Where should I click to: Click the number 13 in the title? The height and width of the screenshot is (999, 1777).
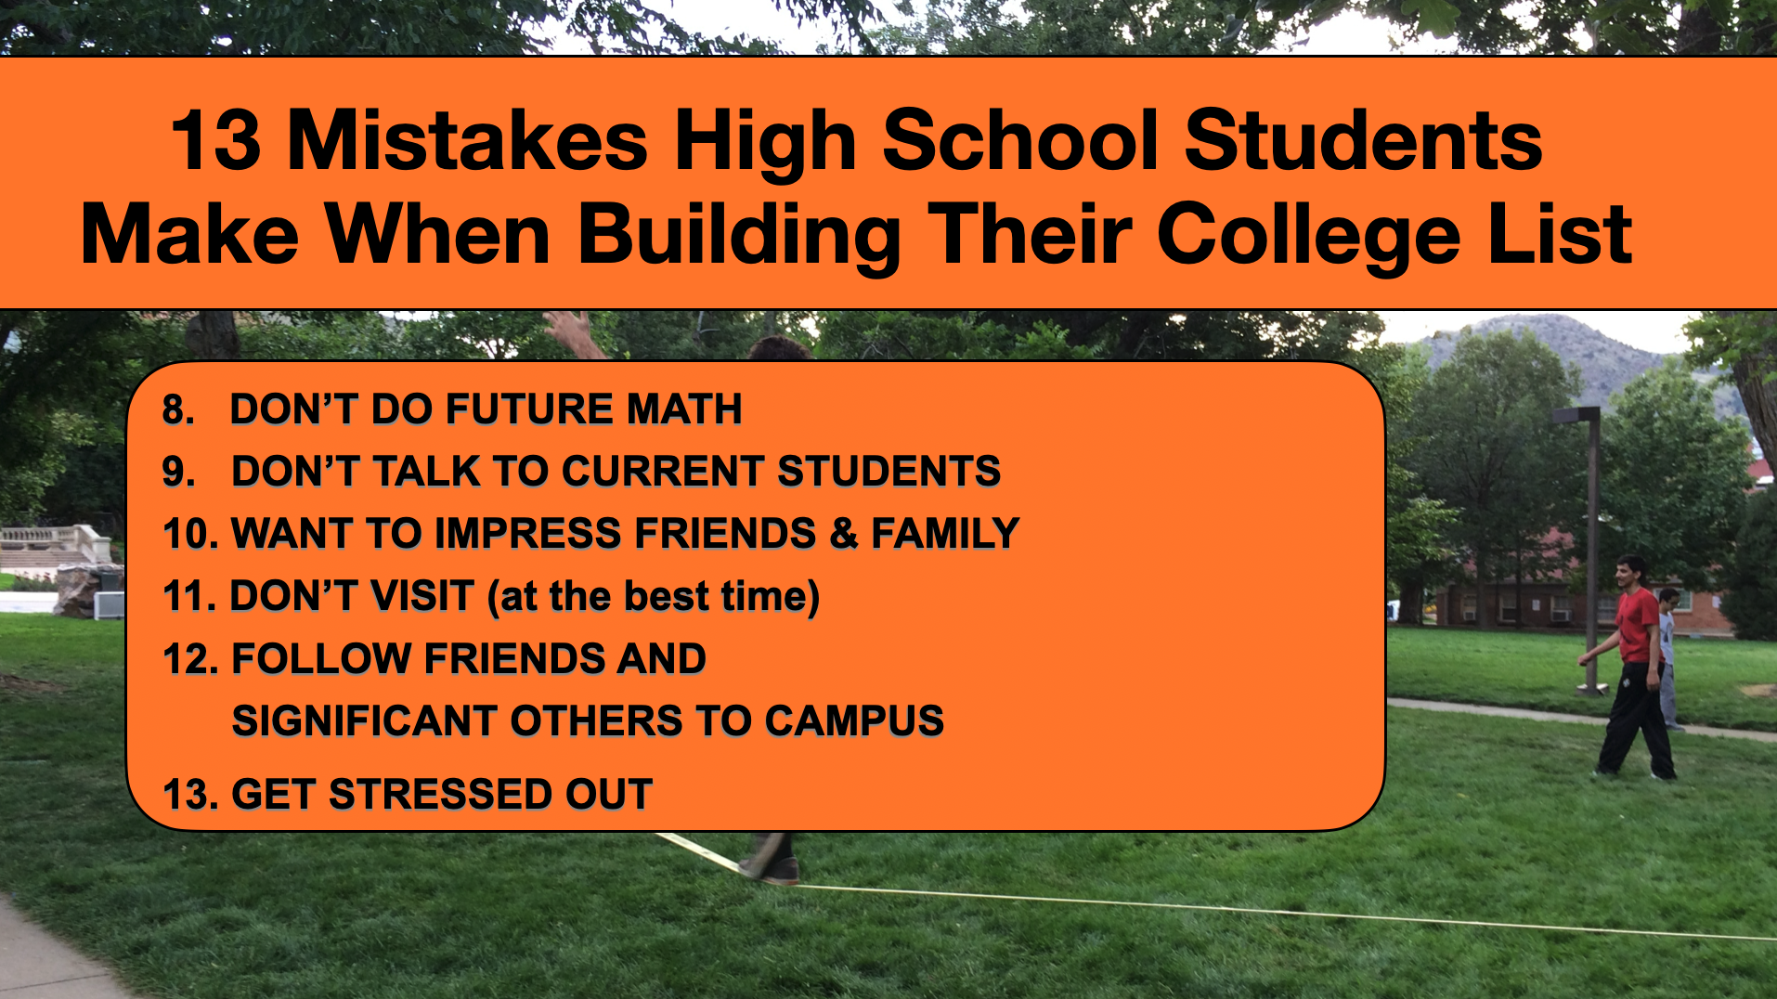(216, 140)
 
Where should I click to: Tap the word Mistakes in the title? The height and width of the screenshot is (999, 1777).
(468, 140)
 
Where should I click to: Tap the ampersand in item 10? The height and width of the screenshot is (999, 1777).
(843, 534)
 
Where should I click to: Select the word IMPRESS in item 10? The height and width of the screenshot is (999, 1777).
(533, 534)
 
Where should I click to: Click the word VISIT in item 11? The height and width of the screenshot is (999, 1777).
(422, 596)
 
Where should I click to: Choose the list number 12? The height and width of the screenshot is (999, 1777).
(190, 659)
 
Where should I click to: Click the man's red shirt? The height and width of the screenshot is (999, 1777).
(1637, 627)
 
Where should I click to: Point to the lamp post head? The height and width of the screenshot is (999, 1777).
(1576, 413)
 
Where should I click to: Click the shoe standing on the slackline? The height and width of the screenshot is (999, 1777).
(771, 871)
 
